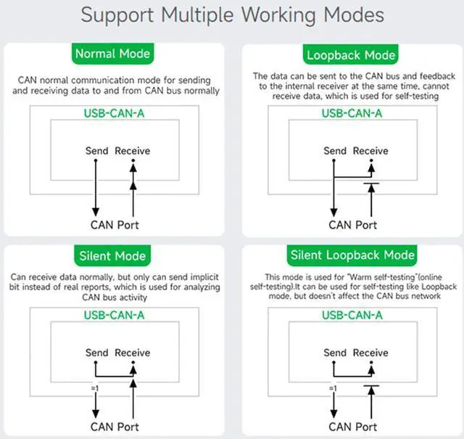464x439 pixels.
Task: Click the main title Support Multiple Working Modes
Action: tap(232, 15)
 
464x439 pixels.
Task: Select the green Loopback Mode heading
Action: tap(352, 54)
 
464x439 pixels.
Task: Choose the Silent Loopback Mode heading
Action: tap(352, 255)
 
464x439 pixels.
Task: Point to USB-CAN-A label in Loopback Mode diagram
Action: tap(352, 113)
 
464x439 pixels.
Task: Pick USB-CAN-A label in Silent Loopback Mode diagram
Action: tap(352, 315)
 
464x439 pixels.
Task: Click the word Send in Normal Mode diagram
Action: tap(96, 151)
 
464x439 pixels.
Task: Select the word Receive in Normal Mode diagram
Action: tap(133, 151)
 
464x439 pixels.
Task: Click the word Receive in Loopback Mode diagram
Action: tap(370, 151)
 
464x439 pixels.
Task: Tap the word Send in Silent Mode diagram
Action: tap(96, 353)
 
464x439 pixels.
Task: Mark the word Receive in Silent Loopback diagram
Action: tap(370, 353)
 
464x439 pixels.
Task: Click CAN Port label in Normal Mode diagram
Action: tap(115, 225)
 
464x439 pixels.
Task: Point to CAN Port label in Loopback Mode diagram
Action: tap(352, 225)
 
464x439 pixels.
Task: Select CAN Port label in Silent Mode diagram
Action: tap(115, 426)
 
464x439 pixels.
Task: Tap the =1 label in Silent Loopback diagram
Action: tap(333, 389)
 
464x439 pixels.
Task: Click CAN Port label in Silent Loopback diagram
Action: tap(352, 426)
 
